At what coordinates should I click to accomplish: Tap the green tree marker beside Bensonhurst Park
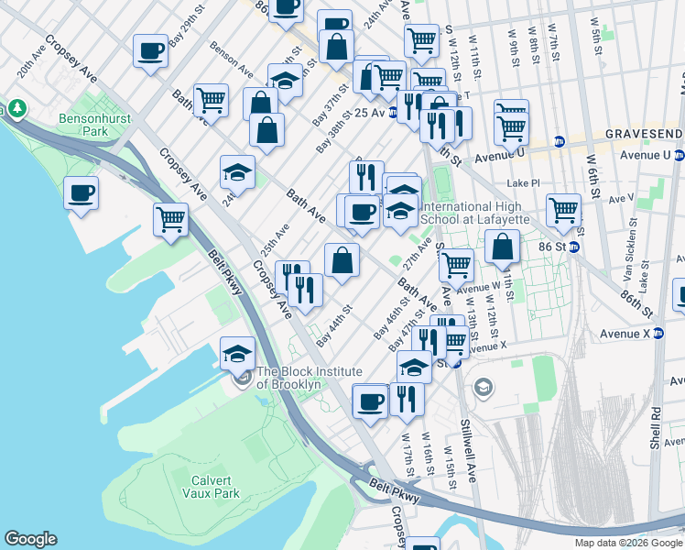[16, 110]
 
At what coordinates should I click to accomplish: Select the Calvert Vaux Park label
[215, 487]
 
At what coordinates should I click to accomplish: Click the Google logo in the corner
[30, 539]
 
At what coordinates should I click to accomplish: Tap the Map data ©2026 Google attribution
[627, 543]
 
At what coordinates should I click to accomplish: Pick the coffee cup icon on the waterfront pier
[82, 193]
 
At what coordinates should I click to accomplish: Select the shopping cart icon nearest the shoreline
[171, 220]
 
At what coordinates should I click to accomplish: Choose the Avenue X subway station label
[637, 333]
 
